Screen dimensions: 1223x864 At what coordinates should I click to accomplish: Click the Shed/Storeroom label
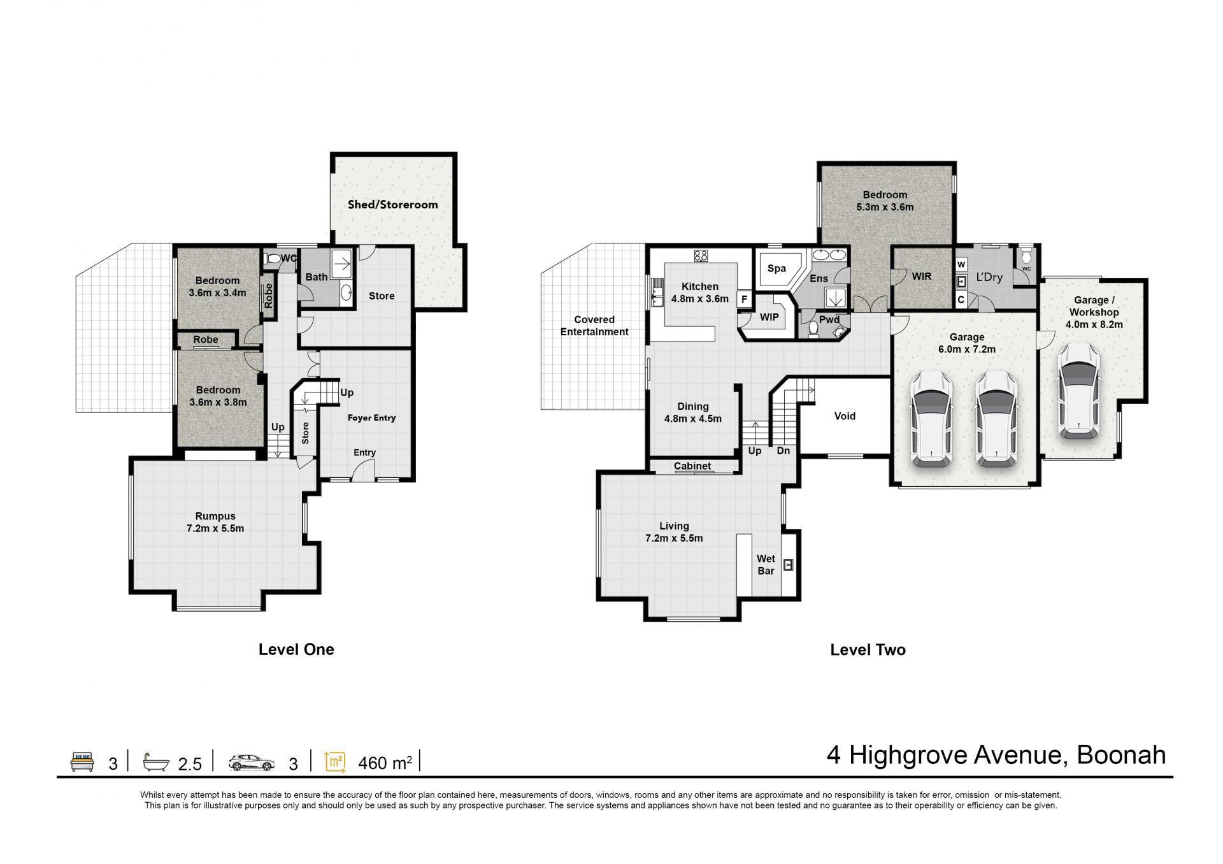(392, 205)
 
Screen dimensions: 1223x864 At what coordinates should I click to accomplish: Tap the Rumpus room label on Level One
(215, 522)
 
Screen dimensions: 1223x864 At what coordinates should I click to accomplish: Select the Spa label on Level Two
(776, 269)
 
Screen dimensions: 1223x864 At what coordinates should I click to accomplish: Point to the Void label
(845, 416)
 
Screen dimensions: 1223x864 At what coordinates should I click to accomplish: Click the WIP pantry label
(769, 317)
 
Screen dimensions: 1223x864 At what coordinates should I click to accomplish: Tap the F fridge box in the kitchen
(743, 299)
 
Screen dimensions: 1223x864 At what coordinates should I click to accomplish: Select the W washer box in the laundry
(961, 264)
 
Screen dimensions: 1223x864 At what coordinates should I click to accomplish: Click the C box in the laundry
(961, 299)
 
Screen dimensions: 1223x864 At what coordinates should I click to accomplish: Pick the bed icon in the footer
(82, 761)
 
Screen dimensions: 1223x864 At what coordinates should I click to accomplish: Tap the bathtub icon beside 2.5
(156, 761)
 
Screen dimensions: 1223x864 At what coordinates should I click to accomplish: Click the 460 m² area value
(385, 763)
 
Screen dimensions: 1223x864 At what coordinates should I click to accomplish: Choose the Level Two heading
(868, 650)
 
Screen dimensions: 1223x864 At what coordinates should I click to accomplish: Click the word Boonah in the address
(1121, 755)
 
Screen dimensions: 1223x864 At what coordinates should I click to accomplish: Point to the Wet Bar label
(766, 565)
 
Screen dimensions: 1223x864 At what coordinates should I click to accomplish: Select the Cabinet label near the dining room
(692, 466)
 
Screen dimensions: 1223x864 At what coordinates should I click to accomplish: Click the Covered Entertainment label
(594, 326)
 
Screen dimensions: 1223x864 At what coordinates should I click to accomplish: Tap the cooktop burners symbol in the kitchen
(701, 256)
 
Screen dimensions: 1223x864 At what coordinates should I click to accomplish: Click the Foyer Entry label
(371, 418)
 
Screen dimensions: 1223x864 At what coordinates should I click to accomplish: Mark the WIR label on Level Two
(922, 277)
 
